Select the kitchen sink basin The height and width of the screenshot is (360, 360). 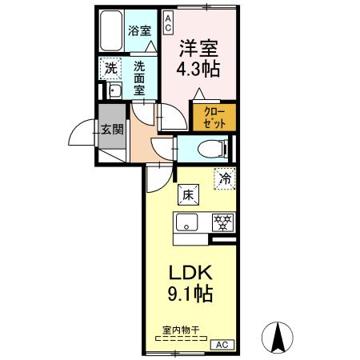click(x=186, y=222)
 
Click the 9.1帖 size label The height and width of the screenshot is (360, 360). click(x=190, y=294)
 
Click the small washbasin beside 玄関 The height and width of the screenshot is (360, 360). click(x=112, y=91)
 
